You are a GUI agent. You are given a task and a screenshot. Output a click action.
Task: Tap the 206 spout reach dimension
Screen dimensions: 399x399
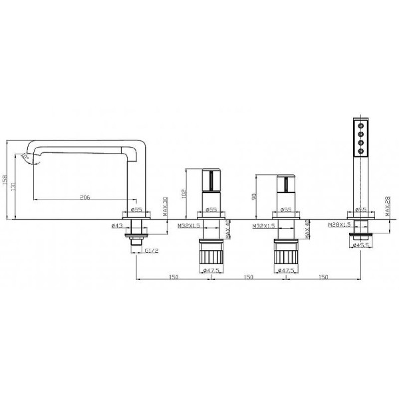(x=85, y=197)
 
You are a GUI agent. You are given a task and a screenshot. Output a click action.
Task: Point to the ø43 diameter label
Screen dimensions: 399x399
(x=117, y=225)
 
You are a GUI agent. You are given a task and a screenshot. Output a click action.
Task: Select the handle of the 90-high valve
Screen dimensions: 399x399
(x=285, y=184)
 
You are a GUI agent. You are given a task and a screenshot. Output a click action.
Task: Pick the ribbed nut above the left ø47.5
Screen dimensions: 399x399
(x=213, y=256)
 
